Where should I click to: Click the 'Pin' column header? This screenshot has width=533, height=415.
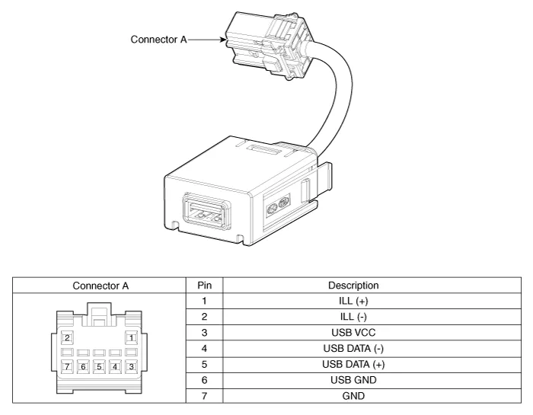tap(204, 286)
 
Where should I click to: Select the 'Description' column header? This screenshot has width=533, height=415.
tap(353, 286)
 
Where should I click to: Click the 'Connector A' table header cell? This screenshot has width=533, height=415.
tap(101, 286)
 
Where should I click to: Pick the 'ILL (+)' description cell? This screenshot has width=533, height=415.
tap(353, 300)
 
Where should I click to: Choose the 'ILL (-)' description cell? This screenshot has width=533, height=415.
tap(353, 315)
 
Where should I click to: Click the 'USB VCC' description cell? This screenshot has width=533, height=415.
tap(353, 333)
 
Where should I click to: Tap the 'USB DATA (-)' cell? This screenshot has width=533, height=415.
tap(353, 348)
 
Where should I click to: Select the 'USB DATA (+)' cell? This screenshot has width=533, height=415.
tap(353, 363)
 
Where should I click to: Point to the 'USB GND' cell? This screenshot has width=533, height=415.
tap(353, 379)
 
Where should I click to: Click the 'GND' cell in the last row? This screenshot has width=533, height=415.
tap(353, 395)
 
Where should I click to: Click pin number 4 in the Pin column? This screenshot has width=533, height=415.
tap(204, 348)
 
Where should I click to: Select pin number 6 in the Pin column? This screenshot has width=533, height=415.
tap(204, 379)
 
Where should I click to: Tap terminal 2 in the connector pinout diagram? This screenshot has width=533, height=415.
tap(67, 337)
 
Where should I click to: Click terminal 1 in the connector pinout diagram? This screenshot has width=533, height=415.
tap(131, 337)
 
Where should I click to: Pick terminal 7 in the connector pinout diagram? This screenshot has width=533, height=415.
tap(67, 366)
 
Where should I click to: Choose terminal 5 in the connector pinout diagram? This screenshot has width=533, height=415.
tap(99, 366)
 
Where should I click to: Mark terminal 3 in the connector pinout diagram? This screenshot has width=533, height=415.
tap(131, 366)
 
